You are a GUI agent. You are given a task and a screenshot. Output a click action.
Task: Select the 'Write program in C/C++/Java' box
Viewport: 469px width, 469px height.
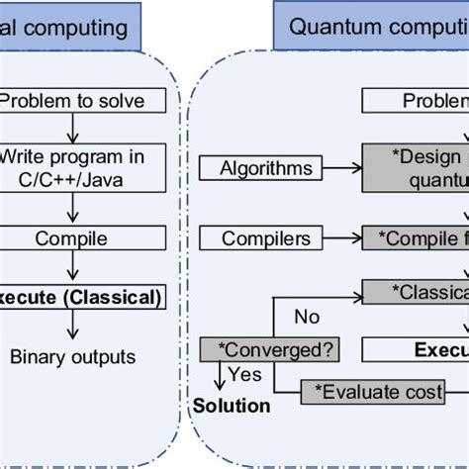pos(73,168)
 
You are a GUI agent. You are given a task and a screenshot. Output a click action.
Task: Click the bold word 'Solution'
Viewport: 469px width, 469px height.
pos(231,405)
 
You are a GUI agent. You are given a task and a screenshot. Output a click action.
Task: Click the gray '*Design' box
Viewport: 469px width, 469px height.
pos(416,168)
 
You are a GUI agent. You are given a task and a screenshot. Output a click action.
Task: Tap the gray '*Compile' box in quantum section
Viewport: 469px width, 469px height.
pos(416,238)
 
